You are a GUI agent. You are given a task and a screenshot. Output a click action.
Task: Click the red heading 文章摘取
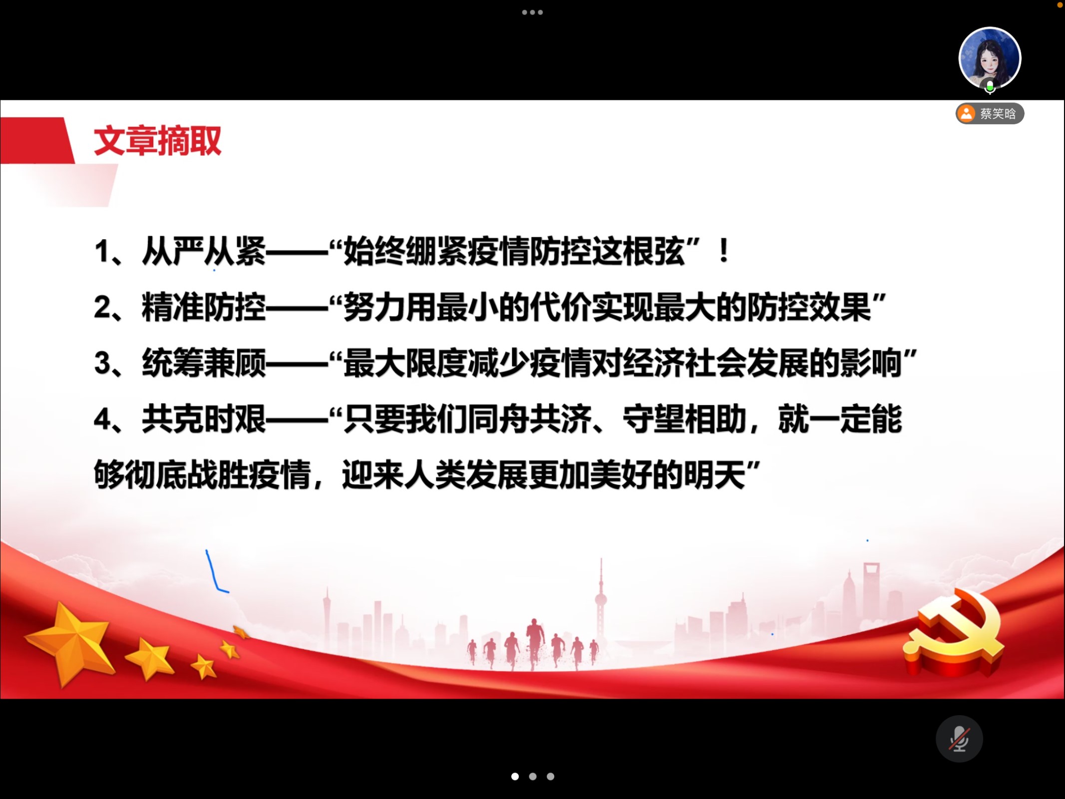point(157,141)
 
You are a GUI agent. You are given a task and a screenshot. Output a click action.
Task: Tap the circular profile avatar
point(990,58)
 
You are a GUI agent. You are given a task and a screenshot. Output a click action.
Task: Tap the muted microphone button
point(959,739)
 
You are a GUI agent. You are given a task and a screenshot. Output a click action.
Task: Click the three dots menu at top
point(532,12)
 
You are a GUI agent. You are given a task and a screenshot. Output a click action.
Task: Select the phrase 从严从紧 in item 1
point(204,251)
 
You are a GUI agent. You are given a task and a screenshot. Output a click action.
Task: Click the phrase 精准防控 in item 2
point(204,307)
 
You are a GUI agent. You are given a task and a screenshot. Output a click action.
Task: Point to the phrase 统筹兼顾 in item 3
point(204,363)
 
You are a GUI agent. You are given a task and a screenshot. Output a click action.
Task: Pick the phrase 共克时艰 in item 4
point(204,418)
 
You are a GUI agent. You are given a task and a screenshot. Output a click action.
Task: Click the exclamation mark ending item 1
point(724,251)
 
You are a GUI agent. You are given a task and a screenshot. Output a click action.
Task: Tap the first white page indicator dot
point(515,777)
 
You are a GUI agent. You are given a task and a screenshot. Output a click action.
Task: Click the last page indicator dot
point(550,777)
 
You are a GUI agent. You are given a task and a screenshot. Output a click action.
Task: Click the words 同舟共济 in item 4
point(529,418)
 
